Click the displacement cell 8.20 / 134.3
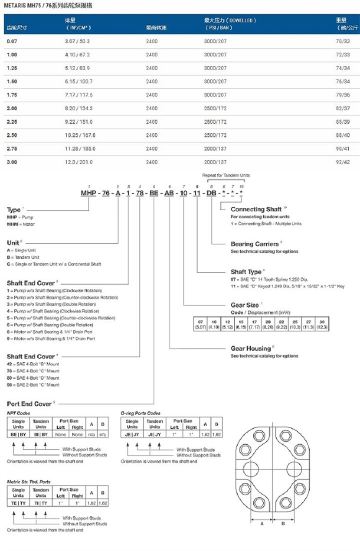coord(78,108)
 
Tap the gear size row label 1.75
coord(12,95)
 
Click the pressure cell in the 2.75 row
coord(215,149)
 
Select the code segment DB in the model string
coord(211,193)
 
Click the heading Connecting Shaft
coord(256,209)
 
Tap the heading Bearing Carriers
coord(254,244)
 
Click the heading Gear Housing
coord(250,348)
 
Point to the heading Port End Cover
coord(29,404)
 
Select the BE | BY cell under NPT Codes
coord(18,434)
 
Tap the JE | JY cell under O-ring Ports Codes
coord(132,434)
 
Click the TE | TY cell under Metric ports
coord(18,503)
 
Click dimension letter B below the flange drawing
coord(283,523)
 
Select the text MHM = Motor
coord(20,224)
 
